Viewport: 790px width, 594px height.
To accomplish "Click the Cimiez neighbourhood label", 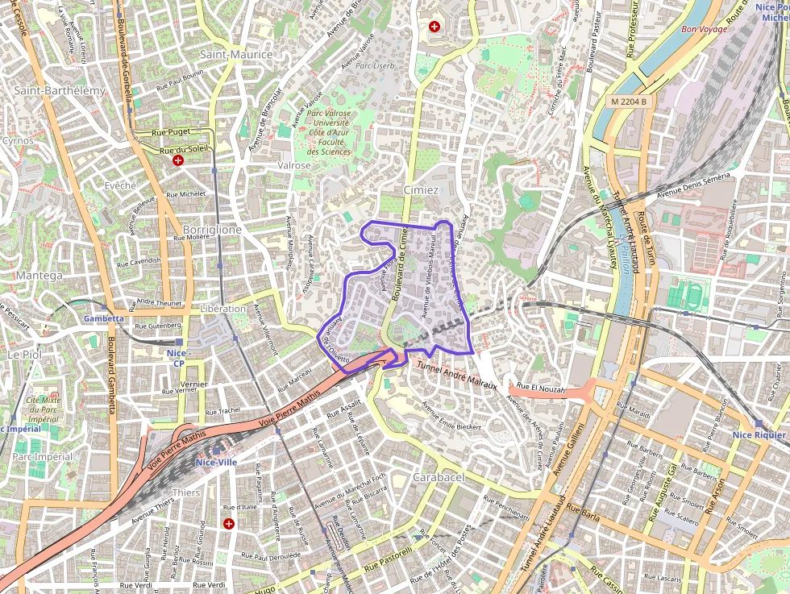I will [x=421, y=191].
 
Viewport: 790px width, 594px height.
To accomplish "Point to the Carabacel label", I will [x=439, y=477].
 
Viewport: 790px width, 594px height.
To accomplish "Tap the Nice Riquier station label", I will [x=759, y=435].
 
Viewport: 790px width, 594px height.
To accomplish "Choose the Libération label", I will [x=223, y=309].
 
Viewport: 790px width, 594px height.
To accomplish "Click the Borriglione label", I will [x=212, y=230].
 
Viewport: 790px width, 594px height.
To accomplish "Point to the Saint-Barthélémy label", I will [x=60, y=90].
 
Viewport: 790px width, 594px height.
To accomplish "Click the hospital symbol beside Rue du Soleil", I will [x=178, y=161].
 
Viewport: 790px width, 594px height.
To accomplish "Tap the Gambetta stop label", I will [x=104, y=318].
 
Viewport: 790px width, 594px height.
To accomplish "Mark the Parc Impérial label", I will [x=42, y=456].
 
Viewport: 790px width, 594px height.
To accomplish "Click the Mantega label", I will [x=39, y=276].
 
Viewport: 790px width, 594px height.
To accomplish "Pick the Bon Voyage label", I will [x=704, y=29].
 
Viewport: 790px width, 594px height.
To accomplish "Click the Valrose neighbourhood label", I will [x=293, y=165].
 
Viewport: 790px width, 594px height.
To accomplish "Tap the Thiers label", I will [x=186, y=492].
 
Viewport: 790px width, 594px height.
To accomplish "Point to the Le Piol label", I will [x=23, y=354].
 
